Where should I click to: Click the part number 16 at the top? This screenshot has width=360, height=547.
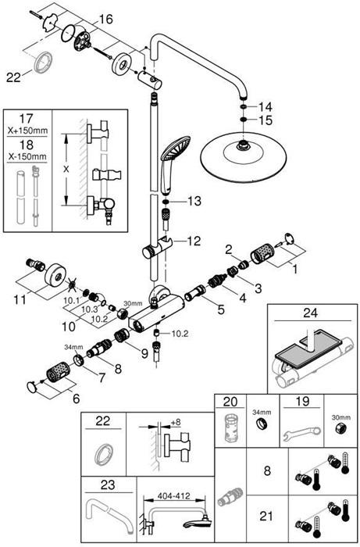click(106, 18)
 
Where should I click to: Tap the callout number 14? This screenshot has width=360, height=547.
click(266, 105)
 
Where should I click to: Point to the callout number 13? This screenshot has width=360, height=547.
click(194, 201)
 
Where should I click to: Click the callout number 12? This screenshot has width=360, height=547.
click(193, 241)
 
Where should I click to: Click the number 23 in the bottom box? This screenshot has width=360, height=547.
click(108, 484)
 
